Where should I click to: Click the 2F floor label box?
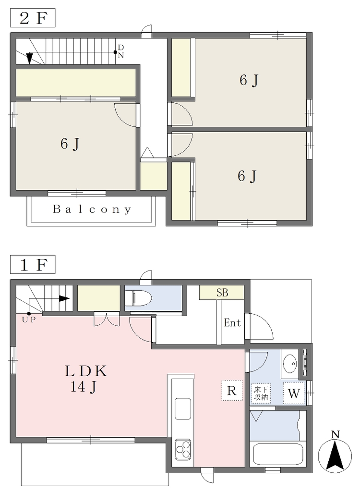[x=33, y=19]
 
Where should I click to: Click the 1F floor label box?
[x=33, y=265]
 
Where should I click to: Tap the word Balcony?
[x=92, y=209]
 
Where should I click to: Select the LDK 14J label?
[x=86, y=379]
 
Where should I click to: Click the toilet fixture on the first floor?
[x=138, y=297]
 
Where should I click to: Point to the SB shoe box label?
[x=222, y=293]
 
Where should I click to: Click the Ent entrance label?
[x=232, y=322]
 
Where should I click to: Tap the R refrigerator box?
[x=232, y=391]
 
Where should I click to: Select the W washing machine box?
[x=294, y=393]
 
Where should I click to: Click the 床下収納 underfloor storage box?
[x=261, y=394]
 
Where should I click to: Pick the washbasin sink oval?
[x=290, y=364]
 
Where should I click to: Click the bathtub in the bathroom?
[x=278, y=454]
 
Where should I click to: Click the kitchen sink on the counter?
[x=183, y=408]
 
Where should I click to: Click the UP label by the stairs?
[x=29, y=320]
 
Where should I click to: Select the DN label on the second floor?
[x=121, y=51]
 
